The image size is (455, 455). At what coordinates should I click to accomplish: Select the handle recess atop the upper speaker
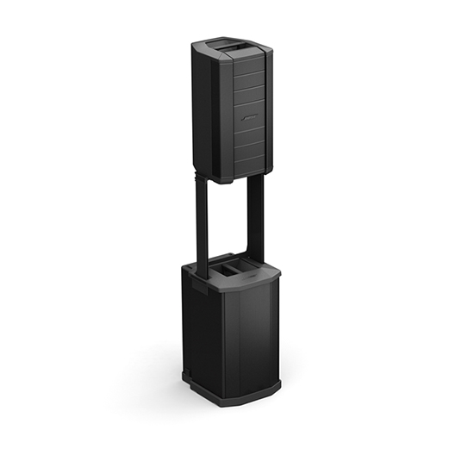pos(233,42)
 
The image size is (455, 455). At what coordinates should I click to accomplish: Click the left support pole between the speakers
pos(203,224)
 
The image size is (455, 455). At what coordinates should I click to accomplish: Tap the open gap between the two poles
pos(228,224)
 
